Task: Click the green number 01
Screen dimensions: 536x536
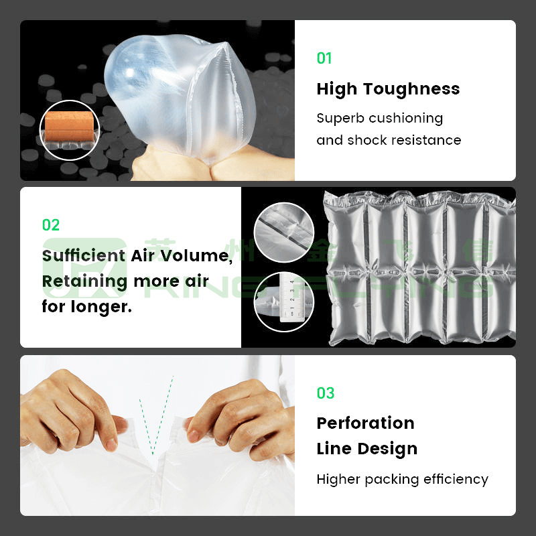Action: click(x=324, y=58)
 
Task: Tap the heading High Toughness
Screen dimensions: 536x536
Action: click(x=388, y=89)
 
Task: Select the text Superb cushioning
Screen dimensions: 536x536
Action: click(x=379, y=118)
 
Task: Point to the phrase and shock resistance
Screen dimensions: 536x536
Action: click(x=389, y=140)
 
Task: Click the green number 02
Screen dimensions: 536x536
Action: click(x=51, y=224)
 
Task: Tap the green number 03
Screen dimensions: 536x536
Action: click(x=325, y=393)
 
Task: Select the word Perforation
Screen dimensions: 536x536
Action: click(x=365, y=423)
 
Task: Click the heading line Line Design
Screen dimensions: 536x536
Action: click(x=366, y=448)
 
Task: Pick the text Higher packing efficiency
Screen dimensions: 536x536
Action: click(x=402, y=479)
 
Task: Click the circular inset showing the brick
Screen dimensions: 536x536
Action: click(x=70, y=130)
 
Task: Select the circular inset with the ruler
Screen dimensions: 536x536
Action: click(x=284, y=301)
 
